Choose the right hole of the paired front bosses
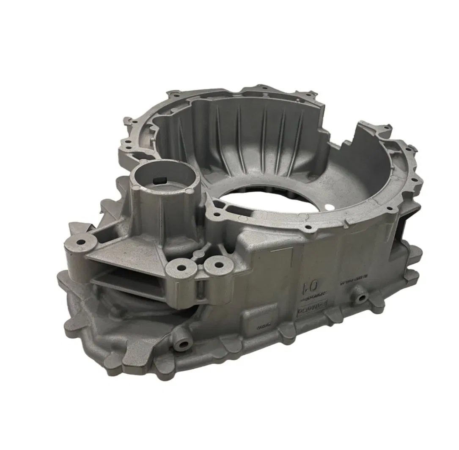tap(219, 265)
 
